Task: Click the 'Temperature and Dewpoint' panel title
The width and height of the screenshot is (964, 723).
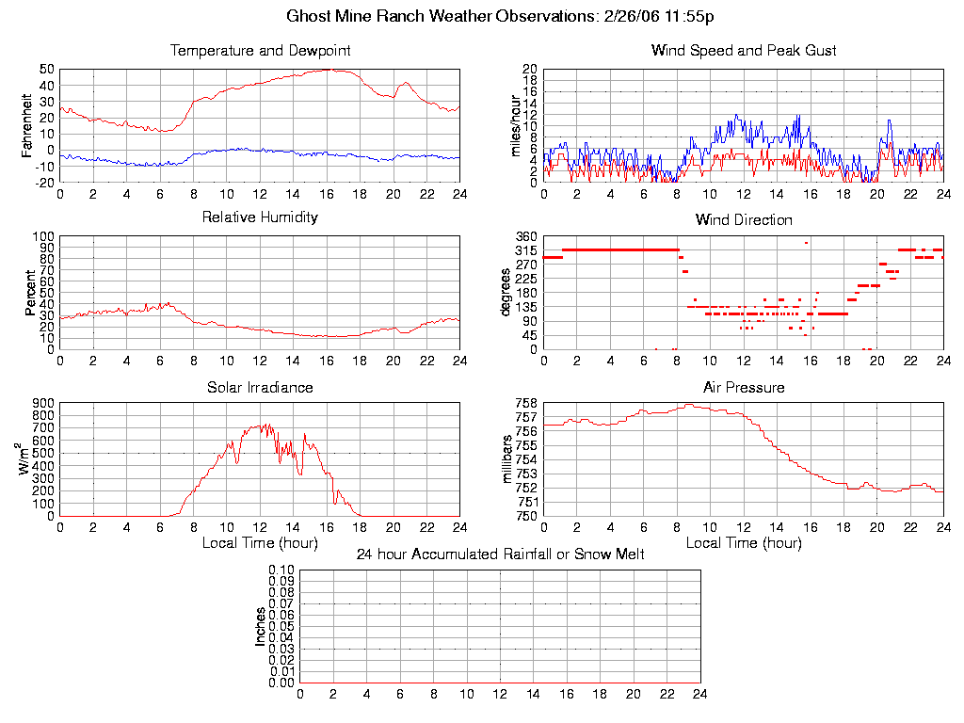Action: click(260, 50)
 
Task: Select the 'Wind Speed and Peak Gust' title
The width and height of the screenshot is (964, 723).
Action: click(744, 50)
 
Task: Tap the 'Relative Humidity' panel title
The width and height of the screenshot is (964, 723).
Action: click(260, 217)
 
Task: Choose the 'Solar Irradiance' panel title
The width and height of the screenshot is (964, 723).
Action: click(260, 387)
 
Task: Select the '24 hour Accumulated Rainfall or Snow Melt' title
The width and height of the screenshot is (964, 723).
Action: click(500, 554)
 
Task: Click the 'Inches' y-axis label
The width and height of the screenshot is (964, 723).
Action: click(261, 626)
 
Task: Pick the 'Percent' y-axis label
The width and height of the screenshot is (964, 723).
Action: click(29, 293)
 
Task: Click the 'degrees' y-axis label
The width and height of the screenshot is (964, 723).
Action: click(506, 293)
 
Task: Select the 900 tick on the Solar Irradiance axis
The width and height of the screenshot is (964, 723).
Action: click(43, 403)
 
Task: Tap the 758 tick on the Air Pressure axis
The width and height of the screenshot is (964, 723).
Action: click(525, 403)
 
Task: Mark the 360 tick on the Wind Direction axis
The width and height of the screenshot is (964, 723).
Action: click(525, 236)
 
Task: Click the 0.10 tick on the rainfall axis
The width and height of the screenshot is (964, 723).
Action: click(281, 570)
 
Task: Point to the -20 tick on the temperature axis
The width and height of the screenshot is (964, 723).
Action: click(43, 182)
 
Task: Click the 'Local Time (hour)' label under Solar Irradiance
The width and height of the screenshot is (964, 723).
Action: click(260, 543)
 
